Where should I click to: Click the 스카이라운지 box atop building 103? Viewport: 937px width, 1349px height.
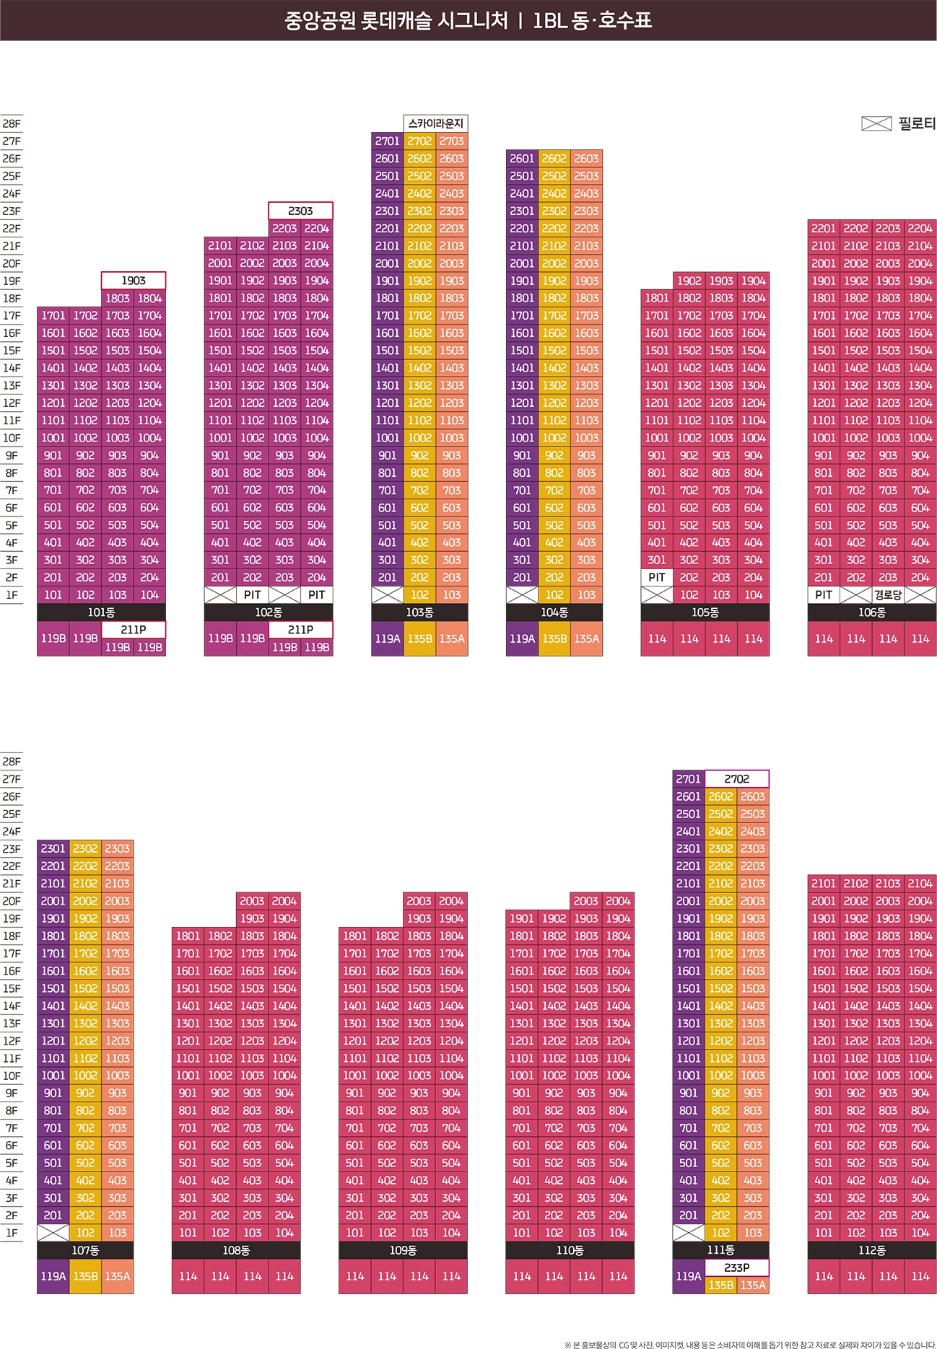pyautogui.click(x=435, y=123)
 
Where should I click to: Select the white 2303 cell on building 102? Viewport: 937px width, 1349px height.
pyautogui.click(x=300, y=211)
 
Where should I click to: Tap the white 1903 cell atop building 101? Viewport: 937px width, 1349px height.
pyautogui.click(x=134, y=281)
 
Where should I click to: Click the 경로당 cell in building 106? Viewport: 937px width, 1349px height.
pyautogui.click(x=888, y=595)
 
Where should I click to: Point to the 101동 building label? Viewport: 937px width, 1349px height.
pyautogui.click(x=101, y=612)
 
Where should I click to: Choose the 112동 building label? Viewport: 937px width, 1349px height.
pyautogui.click(x=872, y=1250)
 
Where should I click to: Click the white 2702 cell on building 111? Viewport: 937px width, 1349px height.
pyautogui.click(x=736, y=779)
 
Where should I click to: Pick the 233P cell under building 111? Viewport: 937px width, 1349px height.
pyautogui.click(x=736, y=1267)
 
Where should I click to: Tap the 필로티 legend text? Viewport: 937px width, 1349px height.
pyautogui.click(x=917, y=124)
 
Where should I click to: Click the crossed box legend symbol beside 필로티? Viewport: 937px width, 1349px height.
pyautogui.click(x=876, y=124)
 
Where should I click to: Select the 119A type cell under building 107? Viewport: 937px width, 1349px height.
pyautogui.click(x=53, y=1276)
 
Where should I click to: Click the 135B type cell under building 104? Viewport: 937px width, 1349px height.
pyautogui.click(x=554, y=638)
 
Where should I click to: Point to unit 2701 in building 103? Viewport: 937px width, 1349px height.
pyautogui.click(x=388, y=141)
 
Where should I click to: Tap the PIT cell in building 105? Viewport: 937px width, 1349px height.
pyautogui.click(x=657, y=577)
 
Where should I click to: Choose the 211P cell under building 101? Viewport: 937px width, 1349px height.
pyautogui.click(x=134, y=630)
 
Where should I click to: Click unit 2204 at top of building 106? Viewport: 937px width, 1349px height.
pyautogui.click(x=920, y=229)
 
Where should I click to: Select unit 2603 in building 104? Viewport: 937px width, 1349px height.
pyautogui.click(x=586, y=159)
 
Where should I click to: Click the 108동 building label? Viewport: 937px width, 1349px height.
pyautogui.click(x=236, y=1250)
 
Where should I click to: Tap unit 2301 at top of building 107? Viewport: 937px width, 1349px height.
pyautogui.click(x=53, y=849)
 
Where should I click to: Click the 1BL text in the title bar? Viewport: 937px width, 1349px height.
pyautogui.click(x=549, y=20)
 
